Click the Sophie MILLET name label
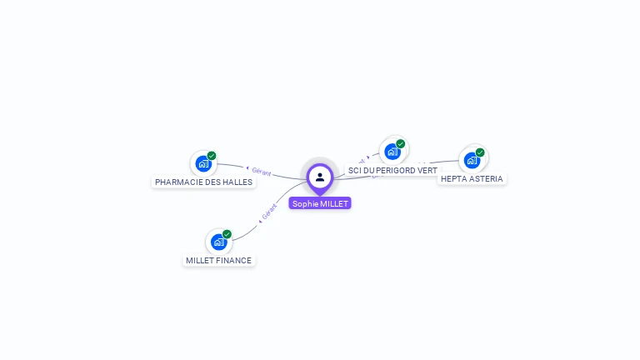click(320, 203)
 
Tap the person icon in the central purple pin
click(320, 177)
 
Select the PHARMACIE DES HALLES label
click(203, 182)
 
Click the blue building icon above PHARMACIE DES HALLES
click(203, 163)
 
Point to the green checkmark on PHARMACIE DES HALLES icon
click(212, 156)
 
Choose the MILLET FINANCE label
click(218, 260)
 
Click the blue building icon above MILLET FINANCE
click(218, 242)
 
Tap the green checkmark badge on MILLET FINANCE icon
click(227, 234)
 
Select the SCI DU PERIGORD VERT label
click(392, 170)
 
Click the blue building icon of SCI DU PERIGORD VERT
click(392, 152)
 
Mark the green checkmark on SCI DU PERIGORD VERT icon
click(400, 144)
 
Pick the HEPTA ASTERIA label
click(472, 178)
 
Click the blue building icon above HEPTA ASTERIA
click(472, 159)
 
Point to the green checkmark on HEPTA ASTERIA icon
click(480, 152)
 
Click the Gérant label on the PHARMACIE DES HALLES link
click(261, 172)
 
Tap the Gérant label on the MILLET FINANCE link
click(268, 212)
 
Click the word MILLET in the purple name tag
click(334, 203)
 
